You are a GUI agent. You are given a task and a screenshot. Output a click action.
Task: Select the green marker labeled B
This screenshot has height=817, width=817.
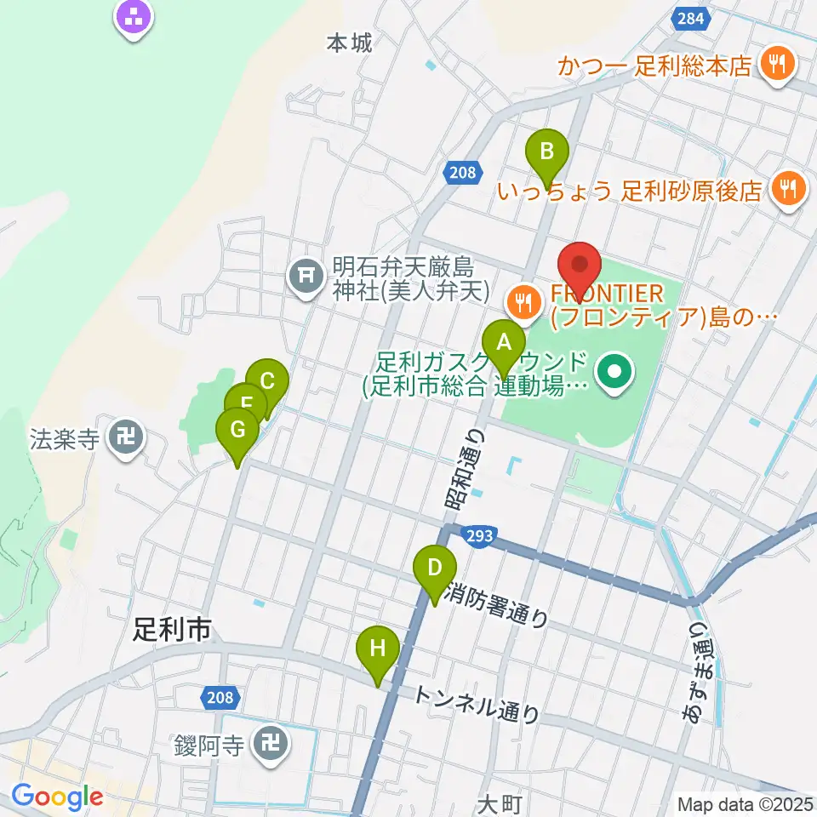click(547, 153)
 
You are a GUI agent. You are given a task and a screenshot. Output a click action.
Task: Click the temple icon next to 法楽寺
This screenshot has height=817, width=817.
click(127, 439)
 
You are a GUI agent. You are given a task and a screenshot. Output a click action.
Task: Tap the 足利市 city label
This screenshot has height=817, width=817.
click(171, 630)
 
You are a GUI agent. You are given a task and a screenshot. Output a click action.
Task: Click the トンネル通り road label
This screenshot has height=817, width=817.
click(476, 706)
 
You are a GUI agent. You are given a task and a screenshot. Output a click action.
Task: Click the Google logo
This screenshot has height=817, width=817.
click(57, 797)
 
